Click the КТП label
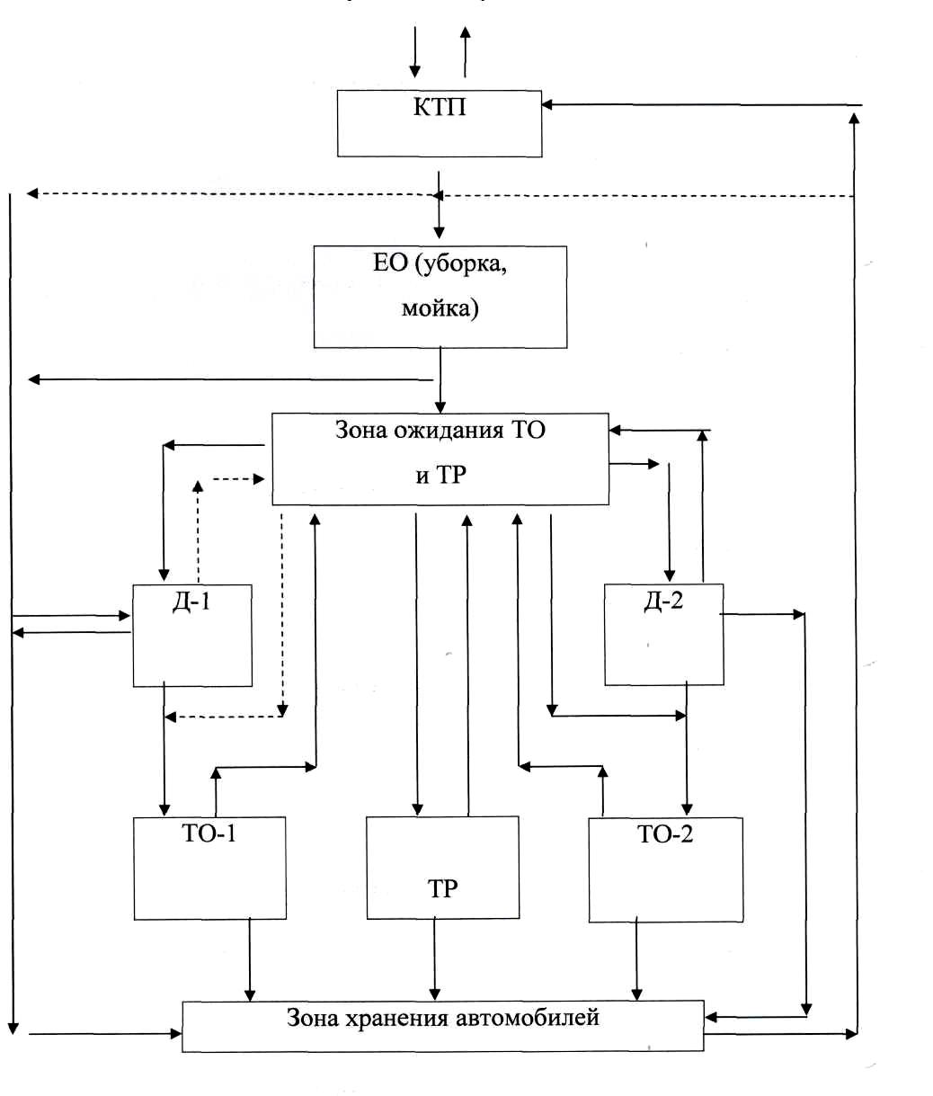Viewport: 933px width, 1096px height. (x=440, y=107)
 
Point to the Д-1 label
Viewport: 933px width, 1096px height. (x=191, y=602)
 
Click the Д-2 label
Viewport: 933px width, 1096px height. (x=663, y=601)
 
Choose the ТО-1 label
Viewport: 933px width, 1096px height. (x=209, y=833)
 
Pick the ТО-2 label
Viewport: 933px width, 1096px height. (x=665, y=834)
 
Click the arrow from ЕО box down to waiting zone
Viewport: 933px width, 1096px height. (x=440, y=380)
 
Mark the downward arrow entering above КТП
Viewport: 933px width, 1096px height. (x=415, y=52)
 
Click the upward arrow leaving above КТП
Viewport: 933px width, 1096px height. (x=465, y=52)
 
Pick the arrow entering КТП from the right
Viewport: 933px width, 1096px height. (x=701, y=105)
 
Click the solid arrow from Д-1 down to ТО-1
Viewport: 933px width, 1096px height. (x=164, y=749)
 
